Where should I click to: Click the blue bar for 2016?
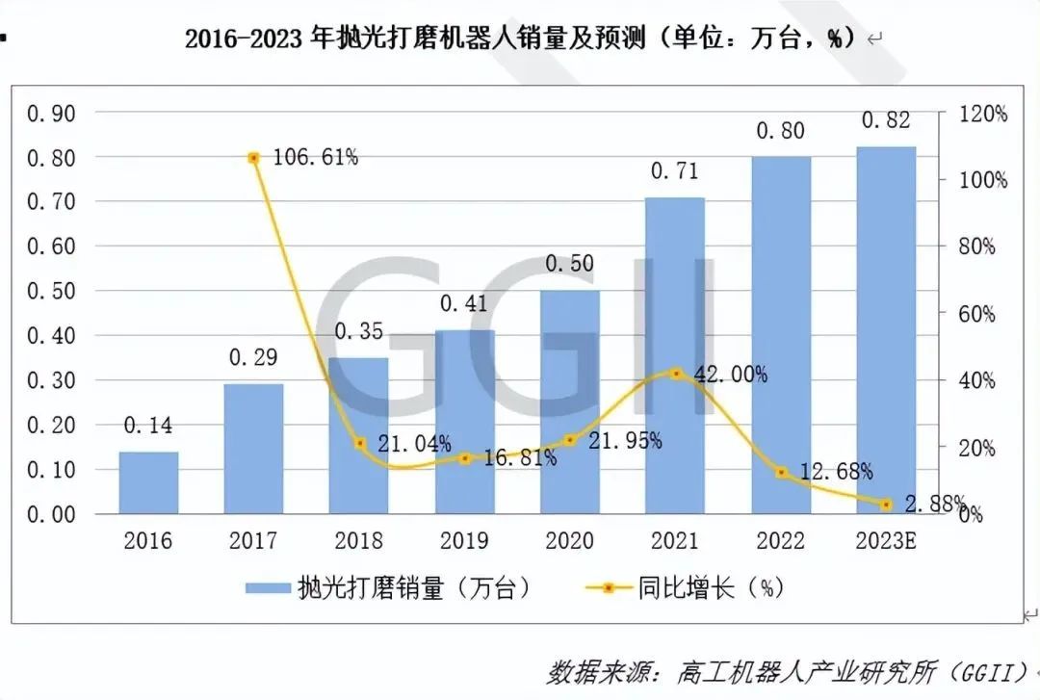(x=148, y=482)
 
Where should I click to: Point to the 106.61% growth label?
(x=315, y=157)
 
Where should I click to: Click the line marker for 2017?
(x=253, y=158)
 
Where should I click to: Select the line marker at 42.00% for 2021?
(x=676, y=373)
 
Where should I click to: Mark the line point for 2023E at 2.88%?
(x=886, y=504)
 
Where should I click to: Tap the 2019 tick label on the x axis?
(x=463, y=540)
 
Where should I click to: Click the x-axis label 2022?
(x=780, y=540)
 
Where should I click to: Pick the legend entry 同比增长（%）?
(x=680, y=587)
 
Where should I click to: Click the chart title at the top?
(x=520, y=40)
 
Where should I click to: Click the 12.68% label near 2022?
(x=837, y=472)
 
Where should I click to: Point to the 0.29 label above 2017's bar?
(x=253, y=357)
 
